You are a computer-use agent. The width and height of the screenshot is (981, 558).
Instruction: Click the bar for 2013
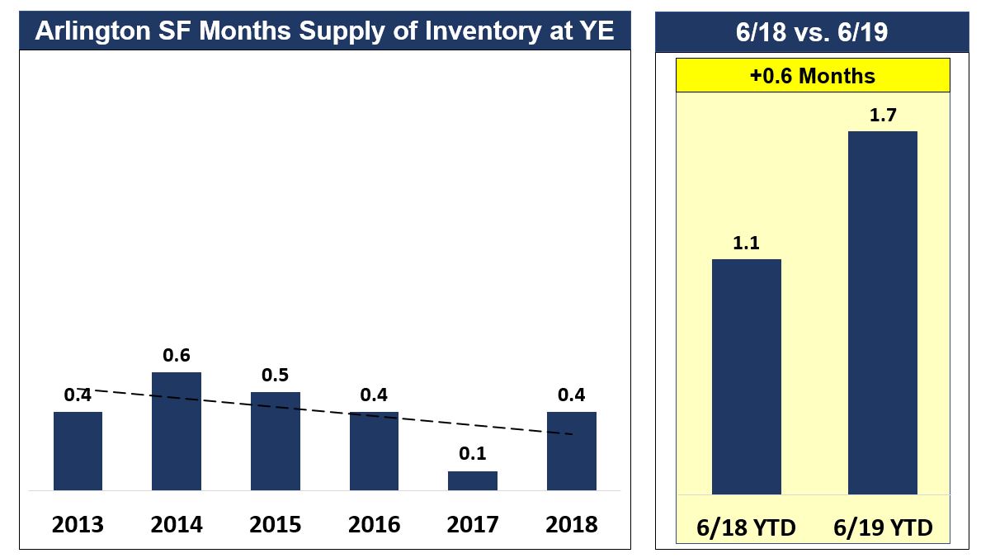78,451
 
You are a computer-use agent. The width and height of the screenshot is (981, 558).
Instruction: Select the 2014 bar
177,431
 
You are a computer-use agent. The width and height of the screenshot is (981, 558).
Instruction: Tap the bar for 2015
276,441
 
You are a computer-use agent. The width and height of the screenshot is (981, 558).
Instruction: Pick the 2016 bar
374,451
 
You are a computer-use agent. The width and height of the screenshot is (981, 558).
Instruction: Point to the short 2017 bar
473,480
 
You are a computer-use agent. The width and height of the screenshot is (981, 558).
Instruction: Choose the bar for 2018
571,451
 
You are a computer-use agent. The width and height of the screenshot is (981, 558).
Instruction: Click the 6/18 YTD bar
746,376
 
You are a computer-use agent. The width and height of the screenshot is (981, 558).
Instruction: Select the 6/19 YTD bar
882,312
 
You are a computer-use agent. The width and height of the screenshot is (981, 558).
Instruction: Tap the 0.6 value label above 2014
177,355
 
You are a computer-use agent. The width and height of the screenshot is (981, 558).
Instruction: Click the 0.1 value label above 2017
473,454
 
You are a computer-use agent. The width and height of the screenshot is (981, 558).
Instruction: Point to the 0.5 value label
276,375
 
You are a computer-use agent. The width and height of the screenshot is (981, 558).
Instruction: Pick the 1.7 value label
882,115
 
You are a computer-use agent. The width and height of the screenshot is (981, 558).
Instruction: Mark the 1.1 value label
746,243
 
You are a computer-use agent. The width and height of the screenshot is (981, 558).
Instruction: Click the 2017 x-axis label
473,524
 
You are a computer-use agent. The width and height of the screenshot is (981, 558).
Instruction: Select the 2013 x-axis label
78,524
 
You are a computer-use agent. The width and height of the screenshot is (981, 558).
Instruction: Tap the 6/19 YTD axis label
882,528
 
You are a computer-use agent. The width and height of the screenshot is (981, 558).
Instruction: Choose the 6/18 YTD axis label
746,528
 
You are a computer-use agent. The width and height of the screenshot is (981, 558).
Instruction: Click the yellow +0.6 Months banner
813,76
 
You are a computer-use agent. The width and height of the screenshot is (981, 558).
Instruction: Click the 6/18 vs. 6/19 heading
813,31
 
